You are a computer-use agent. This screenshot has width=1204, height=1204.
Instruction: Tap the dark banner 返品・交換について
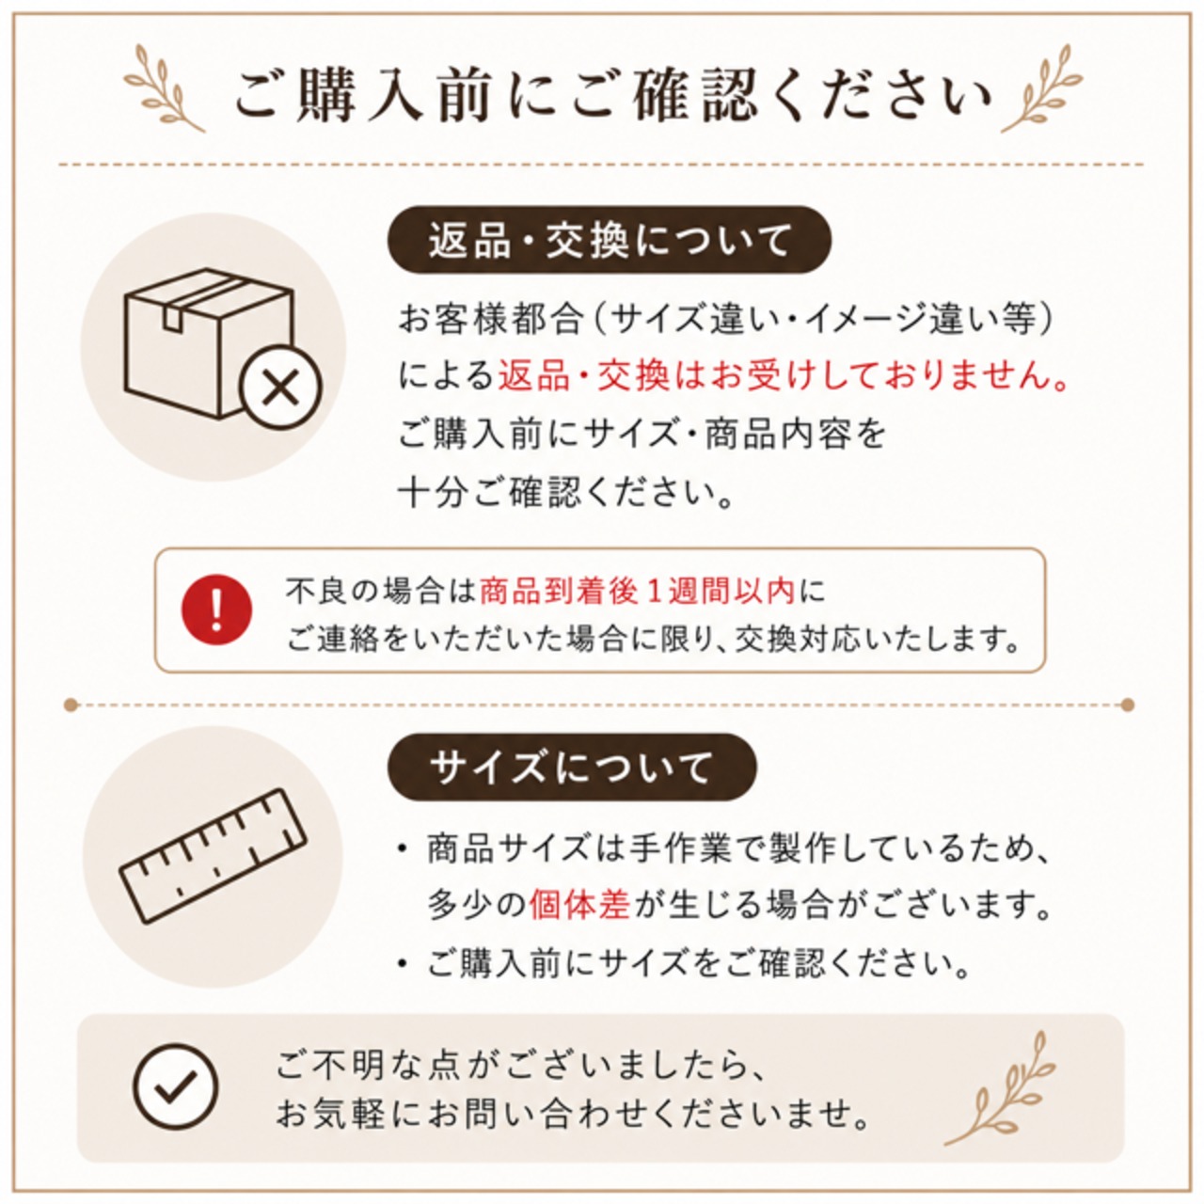[610, 240]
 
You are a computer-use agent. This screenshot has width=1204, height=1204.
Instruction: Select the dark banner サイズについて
[572, 768]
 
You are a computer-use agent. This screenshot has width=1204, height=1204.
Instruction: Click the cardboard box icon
[210, 343]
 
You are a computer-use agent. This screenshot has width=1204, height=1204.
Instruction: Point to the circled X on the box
[280, 387]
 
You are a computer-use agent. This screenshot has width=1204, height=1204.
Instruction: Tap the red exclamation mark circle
[216, 610]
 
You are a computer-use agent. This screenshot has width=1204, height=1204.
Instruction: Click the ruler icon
[214, 856]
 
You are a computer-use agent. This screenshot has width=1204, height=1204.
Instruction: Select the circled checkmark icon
[176, 1086]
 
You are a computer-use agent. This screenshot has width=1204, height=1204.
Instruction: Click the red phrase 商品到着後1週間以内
[638, 591]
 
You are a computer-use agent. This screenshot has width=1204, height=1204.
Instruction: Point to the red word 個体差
[578, 904]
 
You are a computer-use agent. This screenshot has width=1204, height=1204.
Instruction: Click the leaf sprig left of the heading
[164, 88]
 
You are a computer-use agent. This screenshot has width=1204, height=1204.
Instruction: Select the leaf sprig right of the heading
[1041, 88]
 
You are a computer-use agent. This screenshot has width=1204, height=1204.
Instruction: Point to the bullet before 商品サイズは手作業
[403, 849]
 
